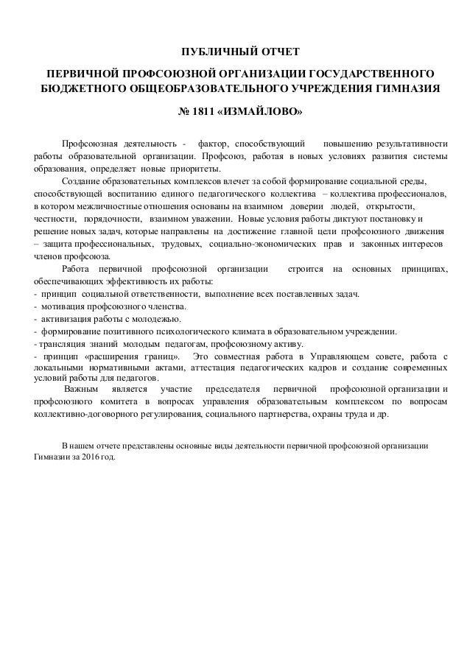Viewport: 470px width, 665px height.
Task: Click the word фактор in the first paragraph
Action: point(214,142)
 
